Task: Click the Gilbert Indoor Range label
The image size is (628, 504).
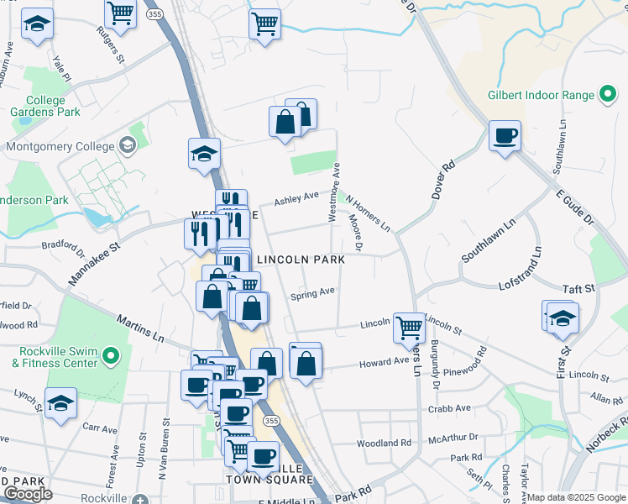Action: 541,95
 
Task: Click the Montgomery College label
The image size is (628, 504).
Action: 60,146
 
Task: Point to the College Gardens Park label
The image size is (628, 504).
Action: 45,106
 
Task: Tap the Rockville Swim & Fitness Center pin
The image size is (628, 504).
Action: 109,358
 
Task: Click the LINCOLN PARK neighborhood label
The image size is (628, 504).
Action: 301,260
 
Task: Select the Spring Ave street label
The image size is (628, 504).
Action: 312,294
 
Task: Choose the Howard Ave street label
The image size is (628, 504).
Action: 384,362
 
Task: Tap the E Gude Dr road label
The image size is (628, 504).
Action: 575,206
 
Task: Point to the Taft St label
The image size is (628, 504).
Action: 578,287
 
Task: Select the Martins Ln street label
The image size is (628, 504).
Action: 140,330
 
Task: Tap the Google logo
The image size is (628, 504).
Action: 28,495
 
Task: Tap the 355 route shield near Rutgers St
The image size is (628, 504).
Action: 152,14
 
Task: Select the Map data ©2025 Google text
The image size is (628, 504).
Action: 577,497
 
